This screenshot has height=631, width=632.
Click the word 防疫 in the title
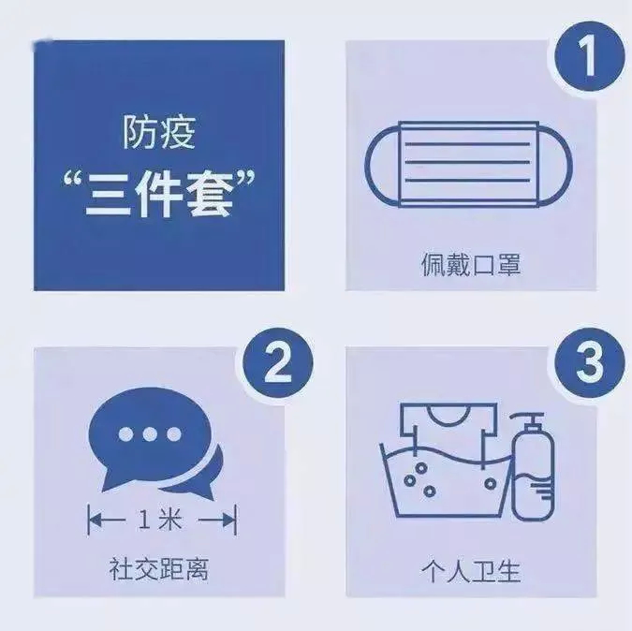(158, 133)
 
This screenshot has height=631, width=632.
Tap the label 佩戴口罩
(471, 265)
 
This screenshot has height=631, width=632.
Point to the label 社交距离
(157, 566)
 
